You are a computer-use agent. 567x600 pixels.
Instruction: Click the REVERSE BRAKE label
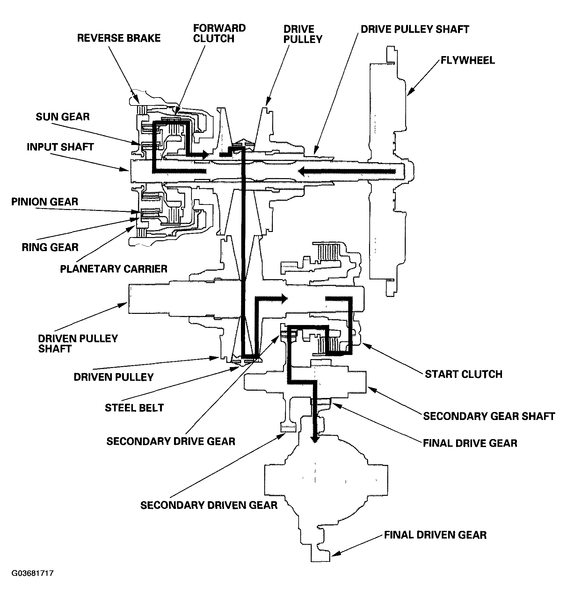coord(119,38)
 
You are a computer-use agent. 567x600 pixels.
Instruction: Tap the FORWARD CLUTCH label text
coord(219,33)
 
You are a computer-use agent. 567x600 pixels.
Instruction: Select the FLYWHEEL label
coord(468,60)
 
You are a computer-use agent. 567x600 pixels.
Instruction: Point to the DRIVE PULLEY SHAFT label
coord(415,29)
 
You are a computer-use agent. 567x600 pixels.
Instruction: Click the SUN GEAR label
coord(62,117)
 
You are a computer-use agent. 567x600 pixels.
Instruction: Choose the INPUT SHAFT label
coord(60,147)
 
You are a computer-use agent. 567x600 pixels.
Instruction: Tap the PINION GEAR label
coord(45,202)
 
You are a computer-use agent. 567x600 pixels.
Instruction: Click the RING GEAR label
coord(50,247)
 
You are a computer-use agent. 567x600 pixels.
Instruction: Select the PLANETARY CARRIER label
coord(114,269)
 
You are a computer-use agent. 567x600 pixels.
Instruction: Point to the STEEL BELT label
coord(134,408)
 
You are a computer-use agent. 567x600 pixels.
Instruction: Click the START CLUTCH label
coord(463,374)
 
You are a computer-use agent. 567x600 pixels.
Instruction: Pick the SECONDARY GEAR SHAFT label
coord(489,416)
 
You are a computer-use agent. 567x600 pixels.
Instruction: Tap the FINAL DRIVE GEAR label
coord(470,443)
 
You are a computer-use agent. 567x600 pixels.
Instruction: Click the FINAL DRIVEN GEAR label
coord(435,535)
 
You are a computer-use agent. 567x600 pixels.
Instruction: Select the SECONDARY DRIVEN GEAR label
coord(209,505)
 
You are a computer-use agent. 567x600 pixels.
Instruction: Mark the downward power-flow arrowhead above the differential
coord(315,439)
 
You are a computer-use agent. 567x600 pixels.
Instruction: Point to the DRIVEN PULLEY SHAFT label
coord(78,343)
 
